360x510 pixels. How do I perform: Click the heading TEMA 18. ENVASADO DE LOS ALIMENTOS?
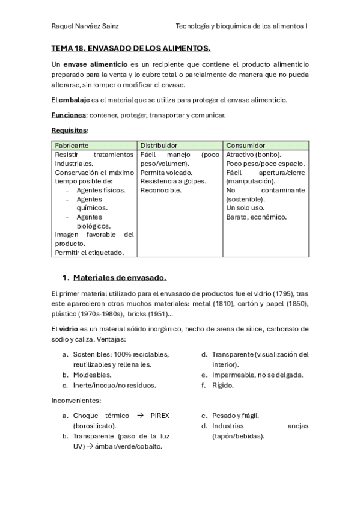tap(130, 48)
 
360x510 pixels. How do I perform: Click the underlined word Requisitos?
tap(69, 131)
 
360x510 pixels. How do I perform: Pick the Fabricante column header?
tap(72, 146)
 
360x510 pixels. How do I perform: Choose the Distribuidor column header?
tap(159, 146)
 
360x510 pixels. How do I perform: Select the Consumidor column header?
tap(246, 146)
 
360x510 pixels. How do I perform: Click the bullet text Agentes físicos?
tap(101, 190)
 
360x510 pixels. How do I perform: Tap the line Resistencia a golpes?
tap(173, 181)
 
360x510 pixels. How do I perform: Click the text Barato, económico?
tap(257, 217)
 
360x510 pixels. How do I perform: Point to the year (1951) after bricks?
tap(159, 314)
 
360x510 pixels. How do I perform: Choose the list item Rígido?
tap(222, 385)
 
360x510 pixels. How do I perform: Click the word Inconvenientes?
tap(76, 401)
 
